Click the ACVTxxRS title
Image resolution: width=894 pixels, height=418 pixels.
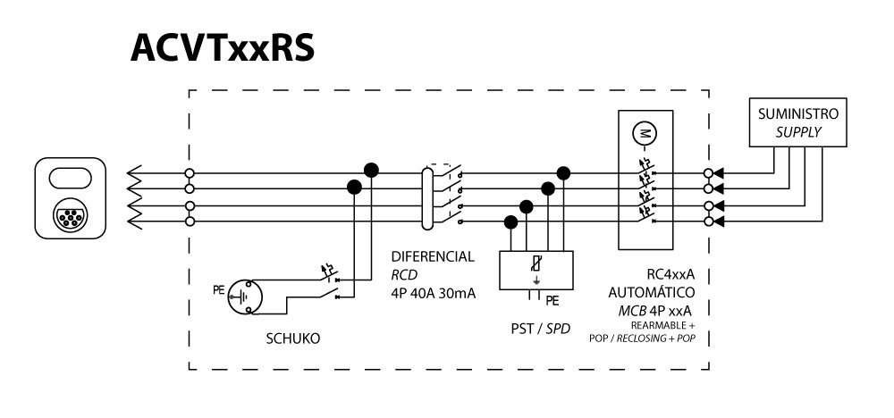coord(223,49)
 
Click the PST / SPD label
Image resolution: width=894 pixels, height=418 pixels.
coord(536,329)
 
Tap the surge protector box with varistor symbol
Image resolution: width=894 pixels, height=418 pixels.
coord(535,268)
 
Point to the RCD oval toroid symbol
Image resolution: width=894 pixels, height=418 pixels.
coord(427,196)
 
